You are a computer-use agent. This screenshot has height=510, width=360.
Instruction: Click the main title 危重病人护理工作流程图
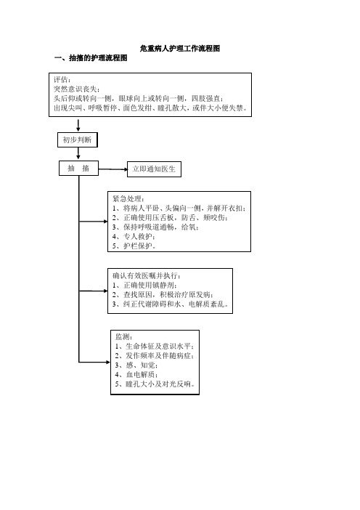[180, 49]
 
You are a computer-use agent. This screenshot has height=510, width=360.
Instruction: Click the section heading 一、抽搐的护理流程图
[91, 58]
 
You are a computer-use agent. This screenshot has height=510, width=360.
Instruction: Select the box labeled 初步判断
[78, 140]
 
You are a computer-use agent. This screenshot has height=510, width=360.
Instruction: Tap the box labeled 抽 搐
[78, 168]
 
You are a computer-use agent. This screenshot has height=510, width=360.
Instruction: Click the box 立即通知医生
[154, 169]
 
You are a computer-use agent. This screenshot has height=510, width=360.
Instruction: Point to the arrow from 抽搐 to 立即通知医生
[112, 169]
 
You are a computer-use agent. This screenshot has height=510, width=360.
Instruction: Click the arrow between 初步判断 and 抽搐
[78, 153]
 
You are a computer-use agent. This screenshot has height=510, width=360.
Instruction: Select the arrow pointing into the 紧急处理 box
[93, 222]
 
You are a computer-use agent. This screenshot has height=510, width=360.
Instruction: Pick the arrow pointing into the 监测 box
[94, 362]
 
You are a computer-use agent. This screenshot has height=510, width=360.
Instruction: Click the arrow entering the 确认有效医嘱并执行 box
[93, 291]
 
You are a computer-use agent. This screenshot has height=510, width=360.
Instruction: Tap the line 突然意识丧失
[77, 89]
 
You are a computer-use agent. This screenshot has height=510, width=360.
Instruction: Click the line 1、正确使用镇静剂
[145, 286]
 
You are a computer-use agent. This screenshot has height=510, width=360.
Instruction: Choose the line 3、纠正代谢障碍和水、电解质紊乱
[171, 304]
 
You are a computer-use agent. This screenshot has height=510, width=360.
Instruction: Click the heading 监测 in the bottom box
[124, 337]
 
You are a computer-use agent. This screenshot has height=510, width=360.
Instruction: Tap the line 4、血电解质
[136, 375]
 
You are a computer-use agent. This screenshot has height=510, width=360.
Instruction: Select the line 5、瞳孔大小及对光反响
[155, 384]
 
